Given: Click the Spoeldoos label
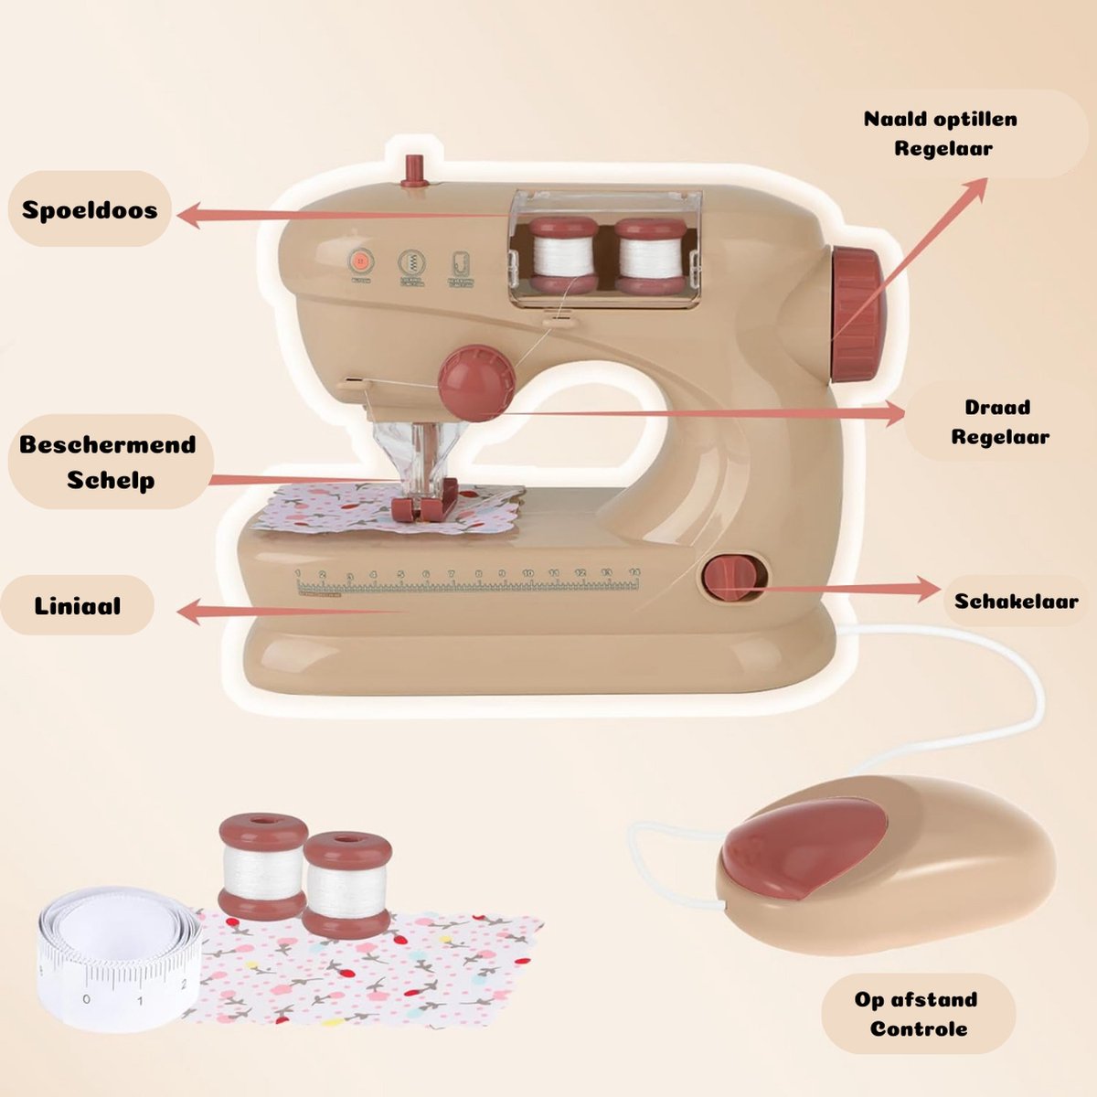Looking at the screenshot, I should coord(90,209).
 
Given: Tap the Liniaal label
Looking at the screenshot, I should coord(78,605).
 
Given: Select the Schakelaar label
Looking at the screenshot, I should coord(1016,601).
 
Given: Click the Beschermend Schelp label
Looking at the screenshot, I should coord(108,463).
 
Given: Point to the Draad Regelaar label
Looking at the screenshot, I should coord(998,421).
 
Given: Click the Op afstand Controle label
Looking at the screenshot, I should coord(917,1014).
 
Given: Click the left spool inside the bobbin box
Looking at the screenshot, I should coord(563,255).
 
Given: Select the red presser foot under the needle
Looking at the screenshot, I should coord(422,507).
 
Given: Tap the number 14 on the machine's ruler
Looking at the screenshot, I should coord(634,572).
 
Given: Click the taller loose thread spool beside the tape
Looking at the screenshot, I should coord(261,864).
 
